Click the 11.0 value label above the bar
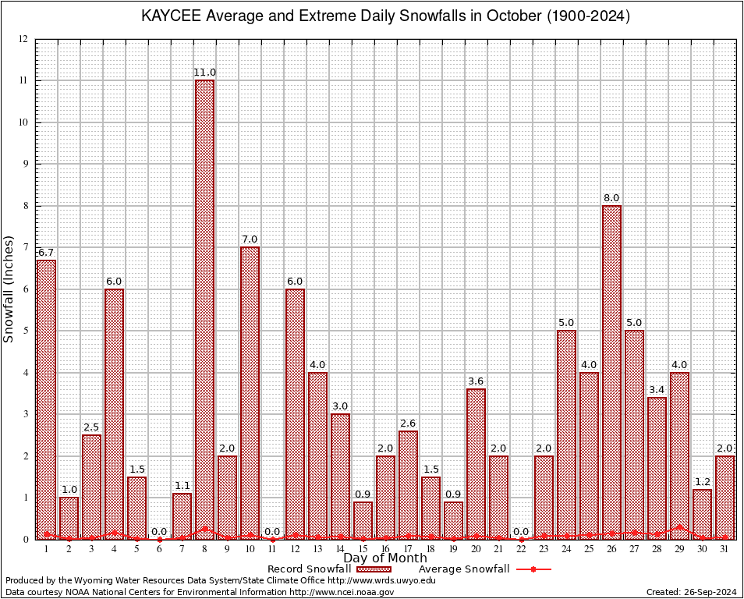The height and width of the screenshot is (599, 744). (204, 73)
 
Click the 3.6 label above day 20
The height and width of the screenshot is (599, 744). (476, 381)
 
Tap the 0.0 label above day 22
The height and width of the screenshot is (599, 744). (521, 532)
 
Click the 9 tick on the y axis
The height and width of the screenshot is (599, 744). (26, 164)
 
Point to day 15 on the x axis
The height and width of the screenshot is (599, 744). (363, 549)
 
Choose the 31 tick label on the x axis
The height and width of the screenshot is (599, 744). (725, 549)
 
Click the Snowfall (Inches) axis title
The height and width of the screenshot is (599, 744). (9, 289)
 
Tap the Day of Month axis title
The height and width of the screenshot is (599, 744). (384, 558)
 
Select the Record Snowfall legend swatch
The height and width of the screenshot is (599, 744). (374, 569)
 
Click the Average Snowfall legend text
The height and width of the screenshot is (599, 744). (463, 569)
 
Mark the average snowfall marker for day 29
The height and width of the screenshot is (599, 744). (679, 527)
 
